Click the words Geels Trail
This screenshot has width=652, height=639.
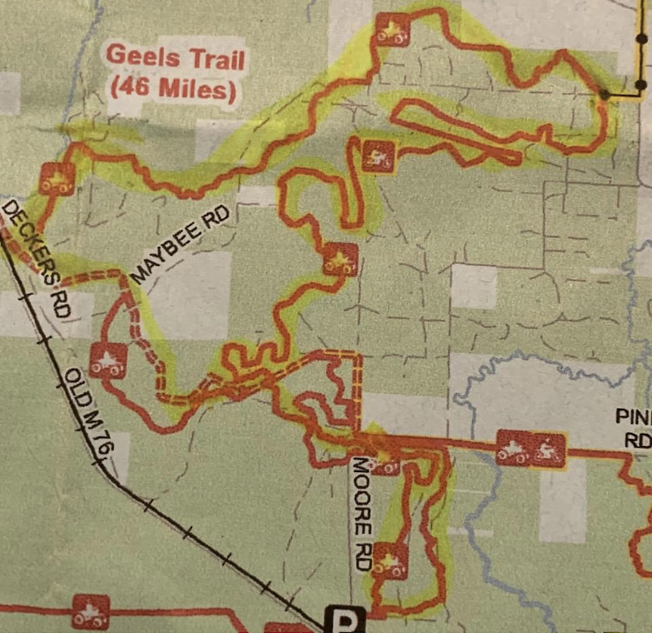point(175,59)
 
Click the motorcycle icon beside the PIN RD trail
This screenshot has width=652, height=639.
point(547,450)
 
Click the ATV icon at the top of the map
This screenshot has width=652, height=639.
point(391,31)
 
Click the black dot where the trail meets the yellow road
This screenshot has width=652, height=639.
point(604,92)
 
